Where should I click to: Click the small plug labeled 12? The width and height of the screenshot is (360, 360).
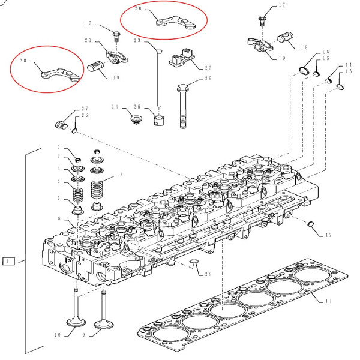click(x=311, y=225)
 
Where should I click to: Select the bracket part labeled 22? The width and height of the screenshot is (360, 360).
click(x=181, y=59)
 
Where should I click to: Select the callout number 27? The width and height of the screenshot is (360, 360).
click(x=85, y=110)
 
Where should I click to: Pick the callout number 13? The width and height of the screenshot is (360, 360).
click(x=349, y=72)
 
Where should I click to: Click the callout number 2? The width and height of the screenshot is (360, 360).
click(x=59, y=148)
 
